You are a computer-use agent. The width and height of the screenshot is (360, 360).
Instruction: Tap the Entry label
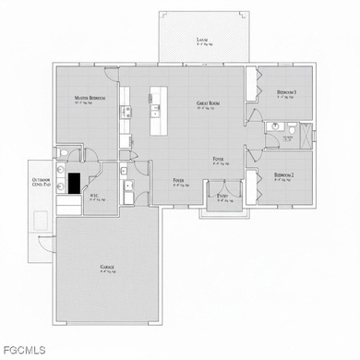pos(223,196)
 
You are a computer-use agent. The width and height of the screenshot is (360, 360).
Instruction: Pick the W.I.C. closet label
pos(95,195)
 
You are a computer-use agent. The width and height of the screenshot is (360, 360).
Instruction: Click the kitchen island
pos(157,109)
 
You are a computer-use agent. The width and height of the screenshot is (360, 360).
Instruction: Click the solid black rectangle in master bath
pos(74,183)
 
